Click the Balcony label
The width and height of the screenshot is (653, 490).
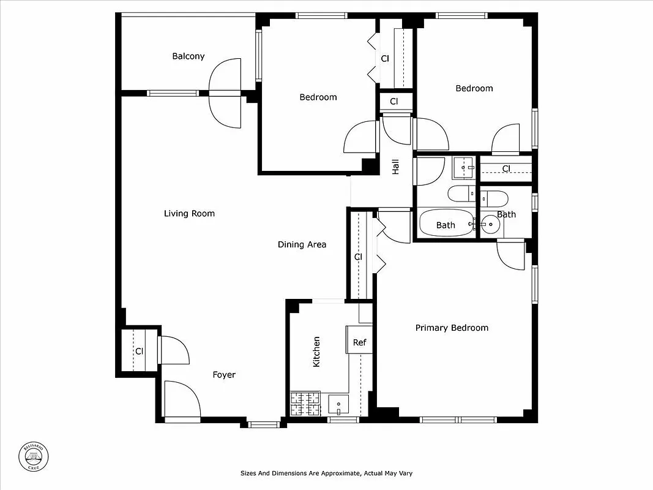[x=188, y=56]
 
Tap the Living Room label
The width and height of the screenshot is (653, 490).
[x=189, y=214]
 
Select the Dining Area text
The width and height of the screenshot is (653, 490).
[x=302, y=244]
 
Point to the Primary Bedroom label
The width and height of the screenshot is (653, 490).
[x=452, y=328]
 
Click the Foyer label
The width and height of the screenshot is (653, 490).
[x=224, y=375]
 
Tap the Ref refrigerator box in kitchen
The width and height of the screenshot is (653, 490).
[x=359, y=342]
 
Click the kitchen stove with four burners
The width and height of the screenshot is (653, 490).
[x=305, y=404]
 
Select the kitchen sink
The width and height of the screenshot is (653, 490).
[x=338, y=404]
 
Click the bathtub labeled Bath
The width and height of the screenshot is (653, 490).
[x=446, y=225]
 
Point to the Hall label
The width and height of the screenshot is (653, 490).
[x=395, y=167]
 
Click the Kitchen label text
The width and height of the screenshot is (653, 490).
[x=316, y=352]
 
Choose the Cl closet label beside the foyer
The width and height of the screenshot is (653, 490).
[x=139, y=351]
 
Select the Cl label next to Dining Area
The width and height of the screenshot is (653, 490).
[x=358, y=257]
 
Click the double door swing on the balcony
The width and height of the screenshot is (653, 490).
[x=225, y=93]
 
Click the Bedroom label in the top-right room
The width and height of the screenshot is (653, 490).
[x=474, y=88]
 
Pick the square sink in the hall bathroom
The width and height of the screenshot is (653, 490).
[x=463, y=166]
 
